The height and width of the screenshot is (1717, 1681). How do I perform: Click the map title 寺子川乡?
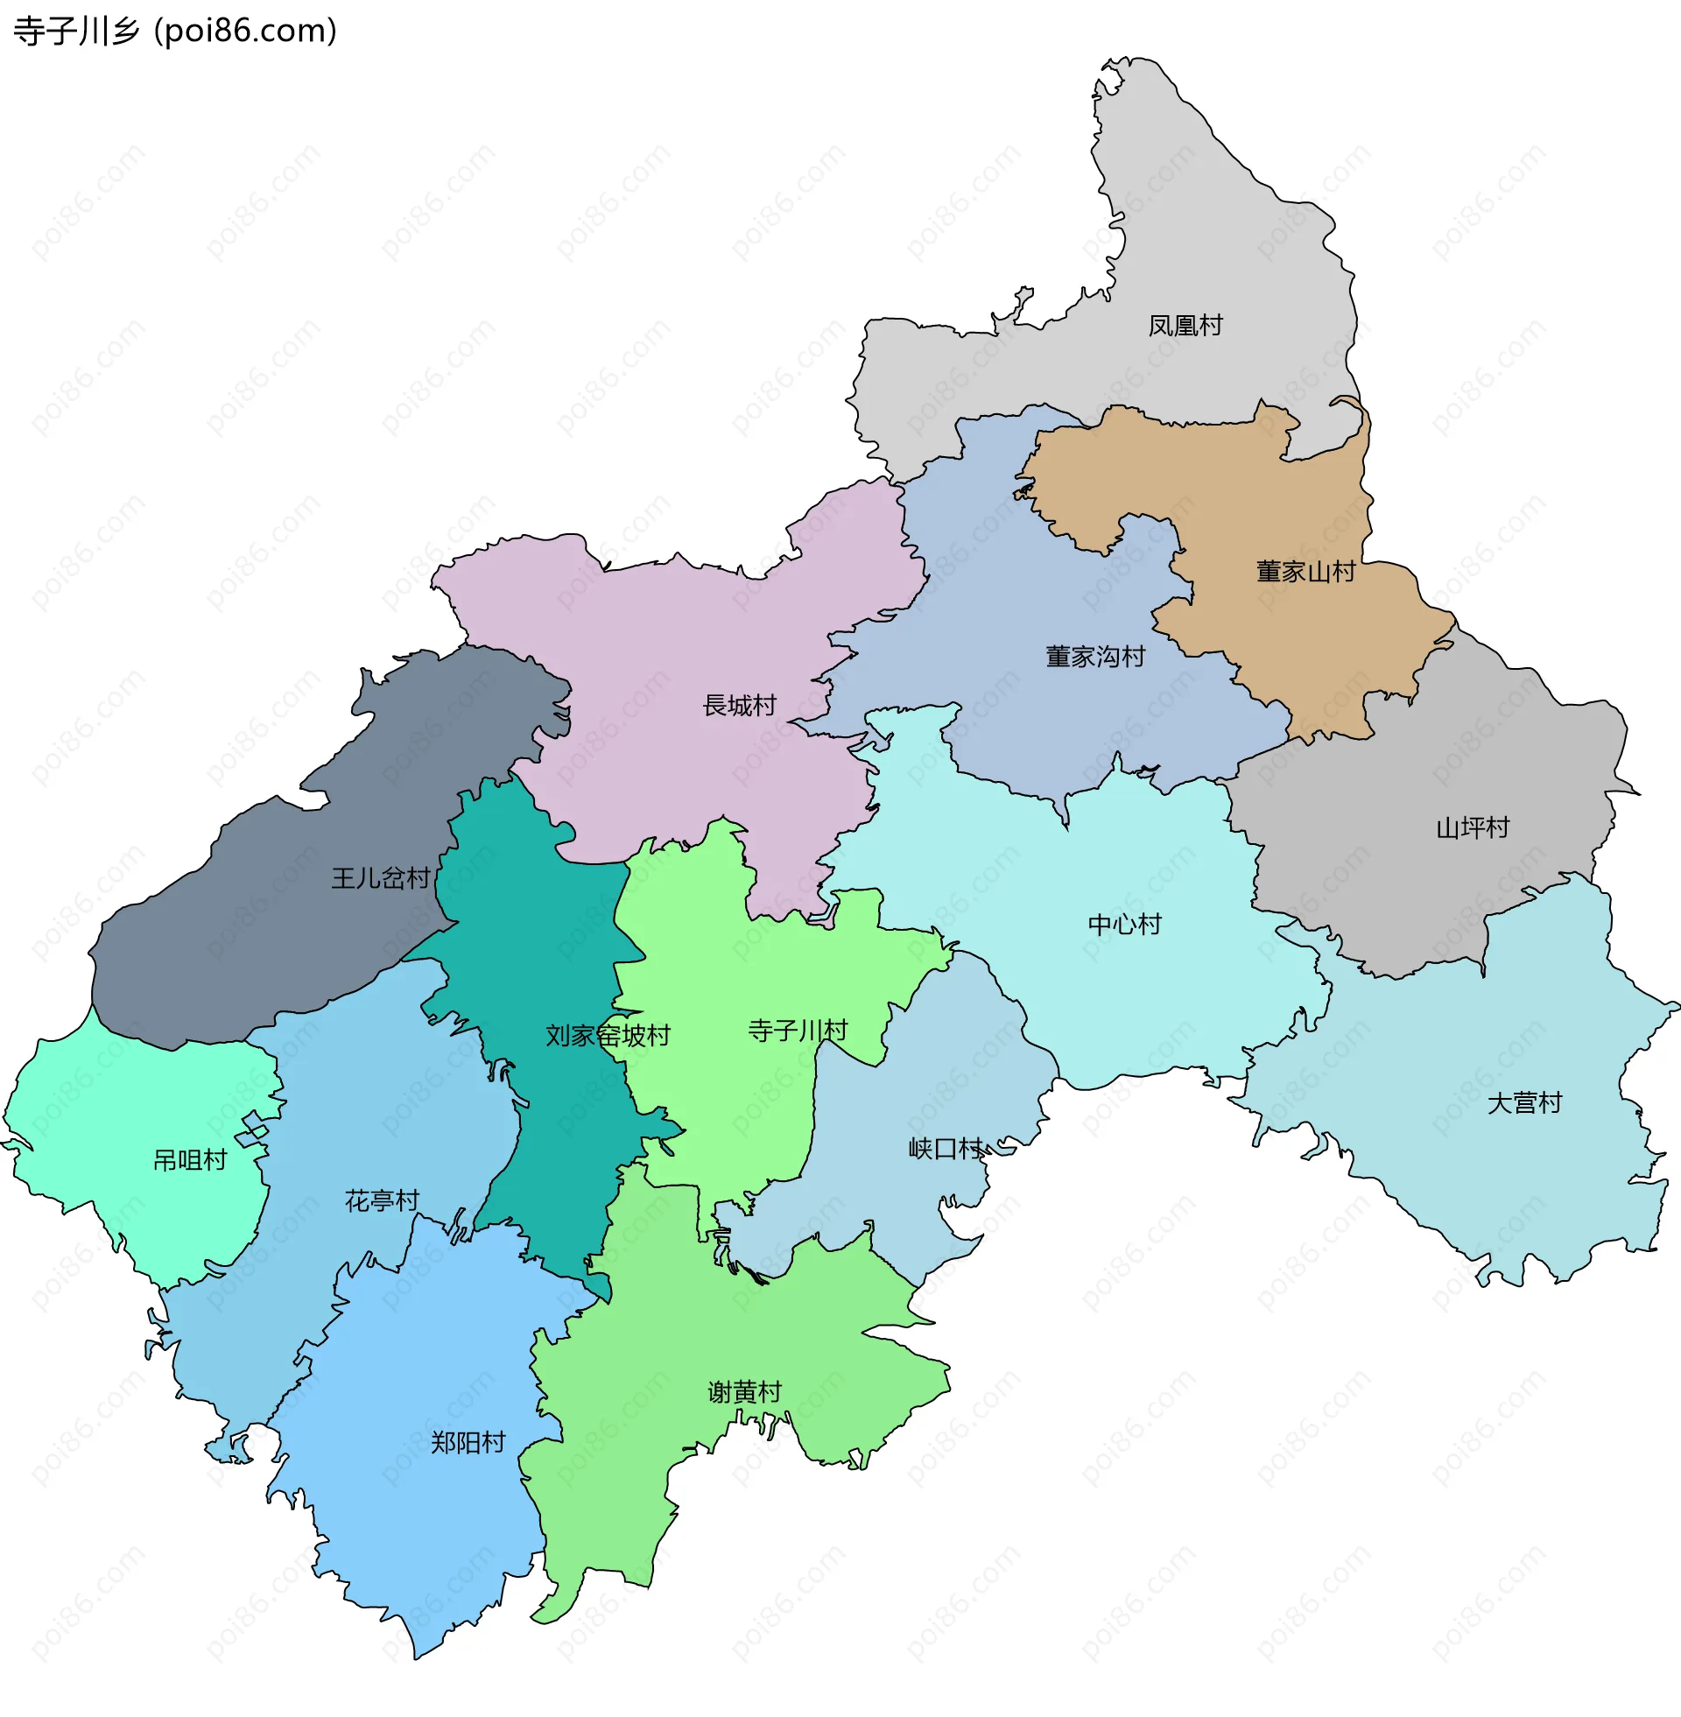click(x=77, y=32)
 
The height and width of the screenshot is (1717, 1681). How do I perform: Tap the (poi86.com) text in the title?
click(x=245, y=32)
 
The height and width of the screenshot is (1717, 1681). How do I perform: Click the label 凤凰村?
click(x=1185, y=326)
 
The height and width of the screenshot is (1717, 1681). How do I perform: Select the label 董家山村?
click(x=1305, y=572)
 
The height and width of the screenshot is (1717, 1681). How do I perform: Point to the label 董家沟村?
click(x=1094, y=657)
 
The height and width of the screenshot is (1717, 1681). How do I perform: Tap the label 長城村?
click(x=739, y=706)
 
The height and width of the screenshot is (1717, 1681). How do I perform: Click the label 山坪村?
click(x=1473, y=828)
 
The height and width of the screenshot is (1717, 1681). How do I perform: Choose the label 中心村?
click(x=1124, y=925)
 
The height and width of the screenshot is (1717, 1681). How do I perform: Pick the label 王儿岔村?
click(x=381, y=878)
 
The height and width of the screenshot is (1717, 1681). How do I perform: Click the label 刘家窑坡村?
click(x=608, y=1036)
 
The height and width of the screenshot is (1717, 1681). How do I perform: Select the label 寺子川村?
click(x=798, y=1031)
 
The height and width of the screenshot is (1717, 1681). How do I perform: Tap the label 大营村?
click(x=1524, y=1103)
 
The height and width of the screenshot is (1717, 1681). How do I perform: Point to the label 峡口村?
click(x=946, y=1149)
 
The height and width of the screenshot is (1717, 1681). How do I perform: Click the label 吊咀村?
click(x=190, y=1160)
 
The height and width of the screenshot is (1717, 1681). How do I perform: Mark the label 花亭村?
click(x=382, y=1200)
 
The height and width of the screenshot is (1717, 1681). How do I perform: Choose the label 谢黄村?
click(x=744, y=1392)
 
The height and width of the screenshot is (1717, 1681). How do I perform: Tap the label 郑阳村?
click(x=467, y=1442)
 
